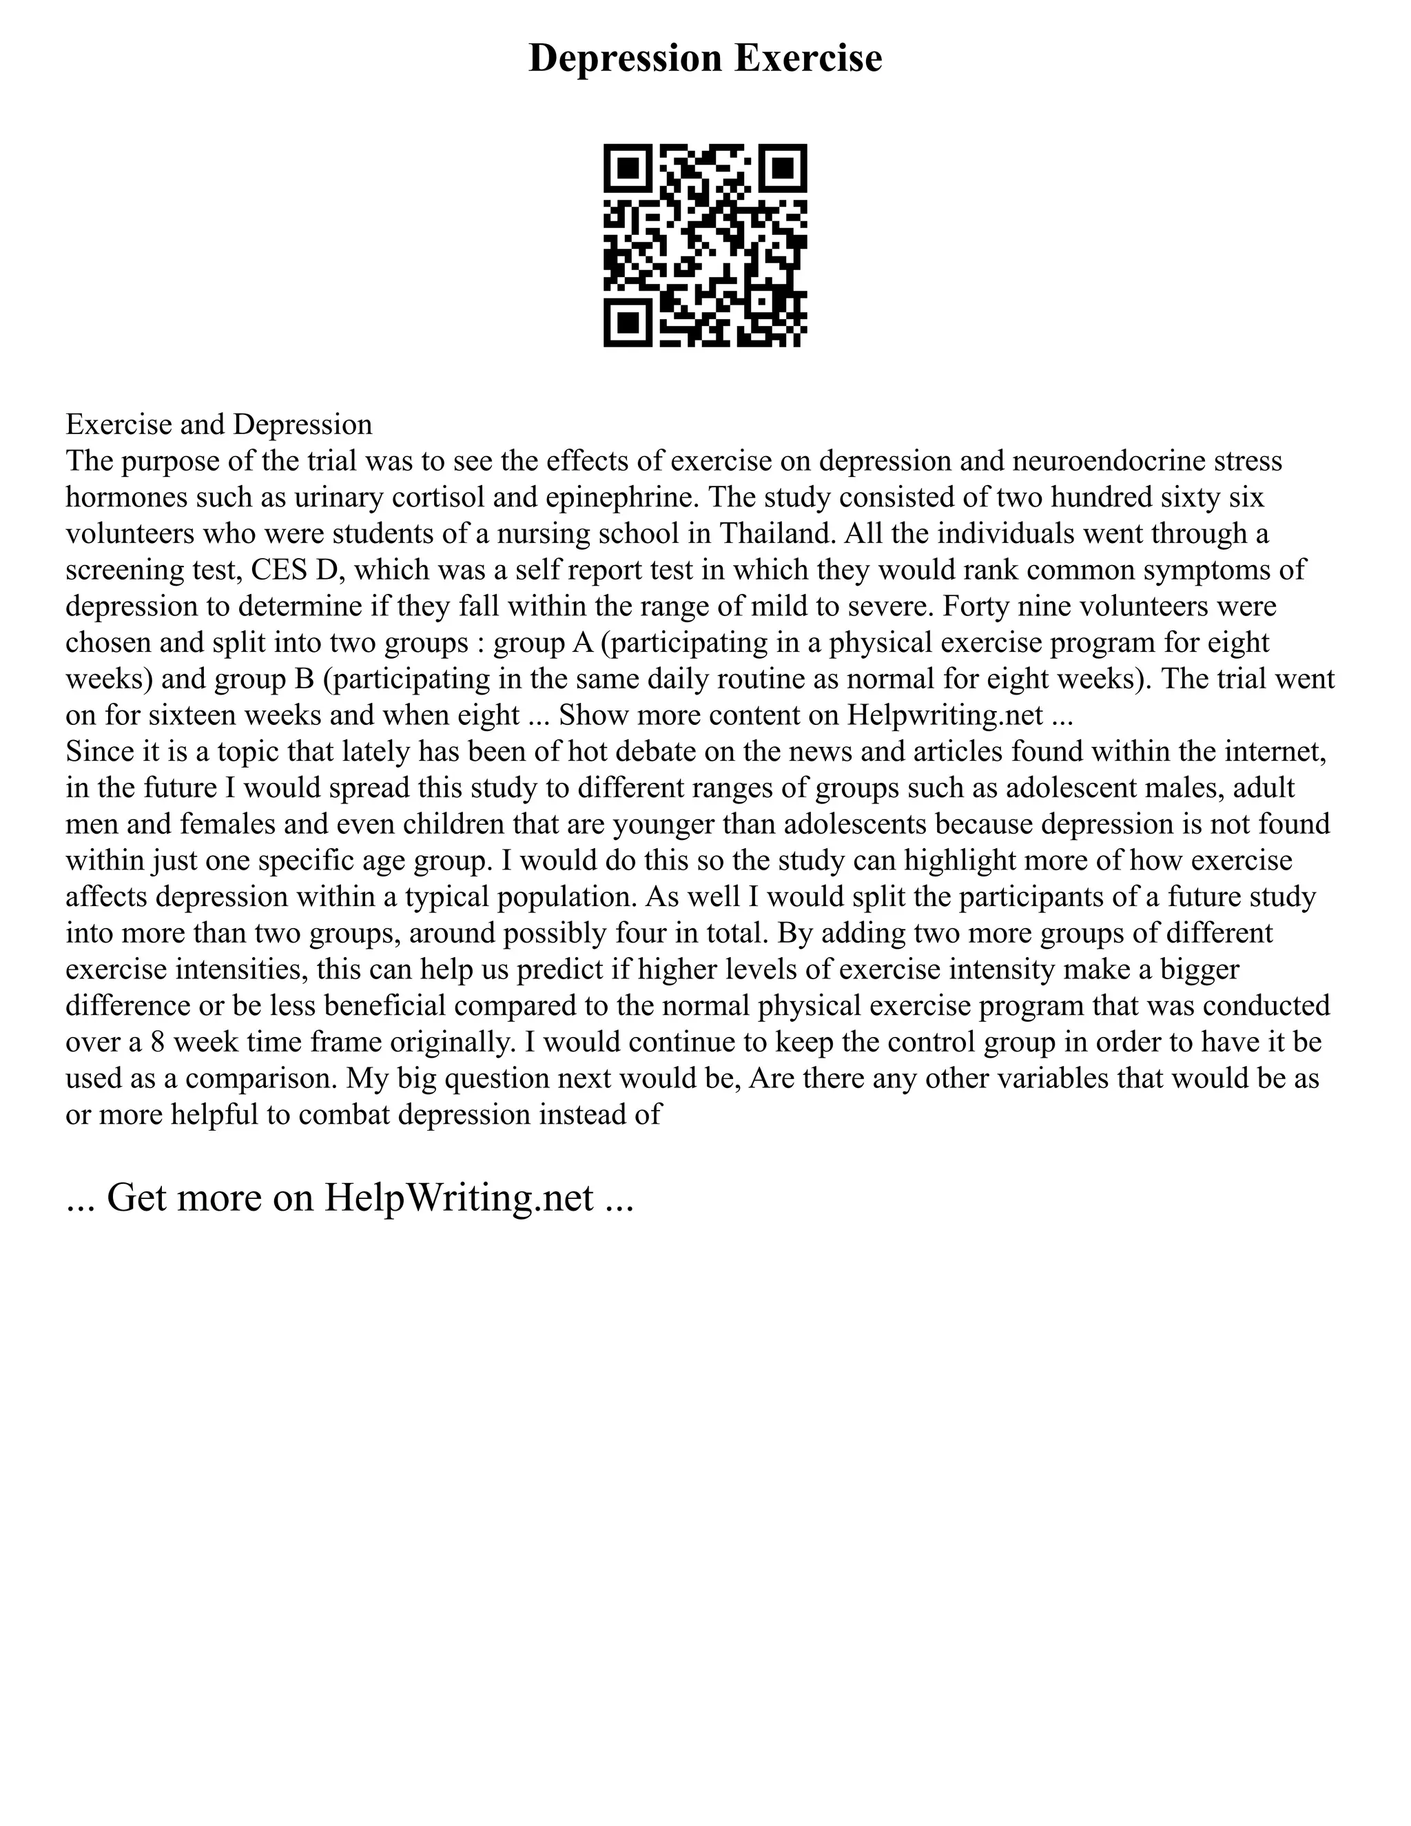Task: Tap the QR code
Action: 705,245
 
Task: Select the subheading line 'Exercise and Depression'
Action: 219,424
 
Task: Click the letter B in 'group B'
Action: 302,679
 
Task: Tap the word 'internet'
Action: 1274,752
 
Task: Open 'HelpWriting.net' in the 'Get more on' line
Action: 458,1198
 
